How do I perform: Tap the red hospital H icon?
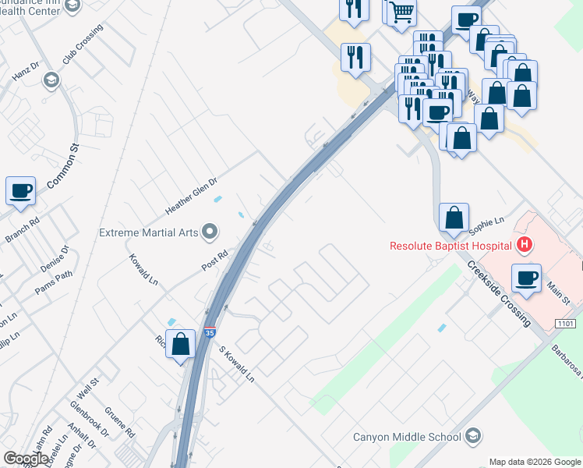coord(525,245)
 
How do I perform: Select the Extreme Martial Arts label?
coord(149,232)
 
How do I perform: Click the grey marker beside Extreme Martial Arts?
coord(209,231)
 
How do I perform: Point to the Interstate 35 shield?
coord(210,332)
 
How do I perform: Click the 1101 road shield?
coord(565,323)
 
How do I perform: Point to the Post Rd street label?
coord(214,259)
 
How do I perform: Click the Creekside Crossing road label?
coord(500,293)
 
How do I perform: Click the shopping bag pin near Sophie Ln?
coord(454,216)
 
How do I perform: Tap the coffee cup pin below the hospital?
coord(527,278)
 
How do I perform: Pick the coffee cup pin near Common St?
coord(20,190)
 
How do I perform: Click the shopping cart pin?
coord(401,11)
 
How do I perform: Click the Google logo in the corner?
coord(26,458)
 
